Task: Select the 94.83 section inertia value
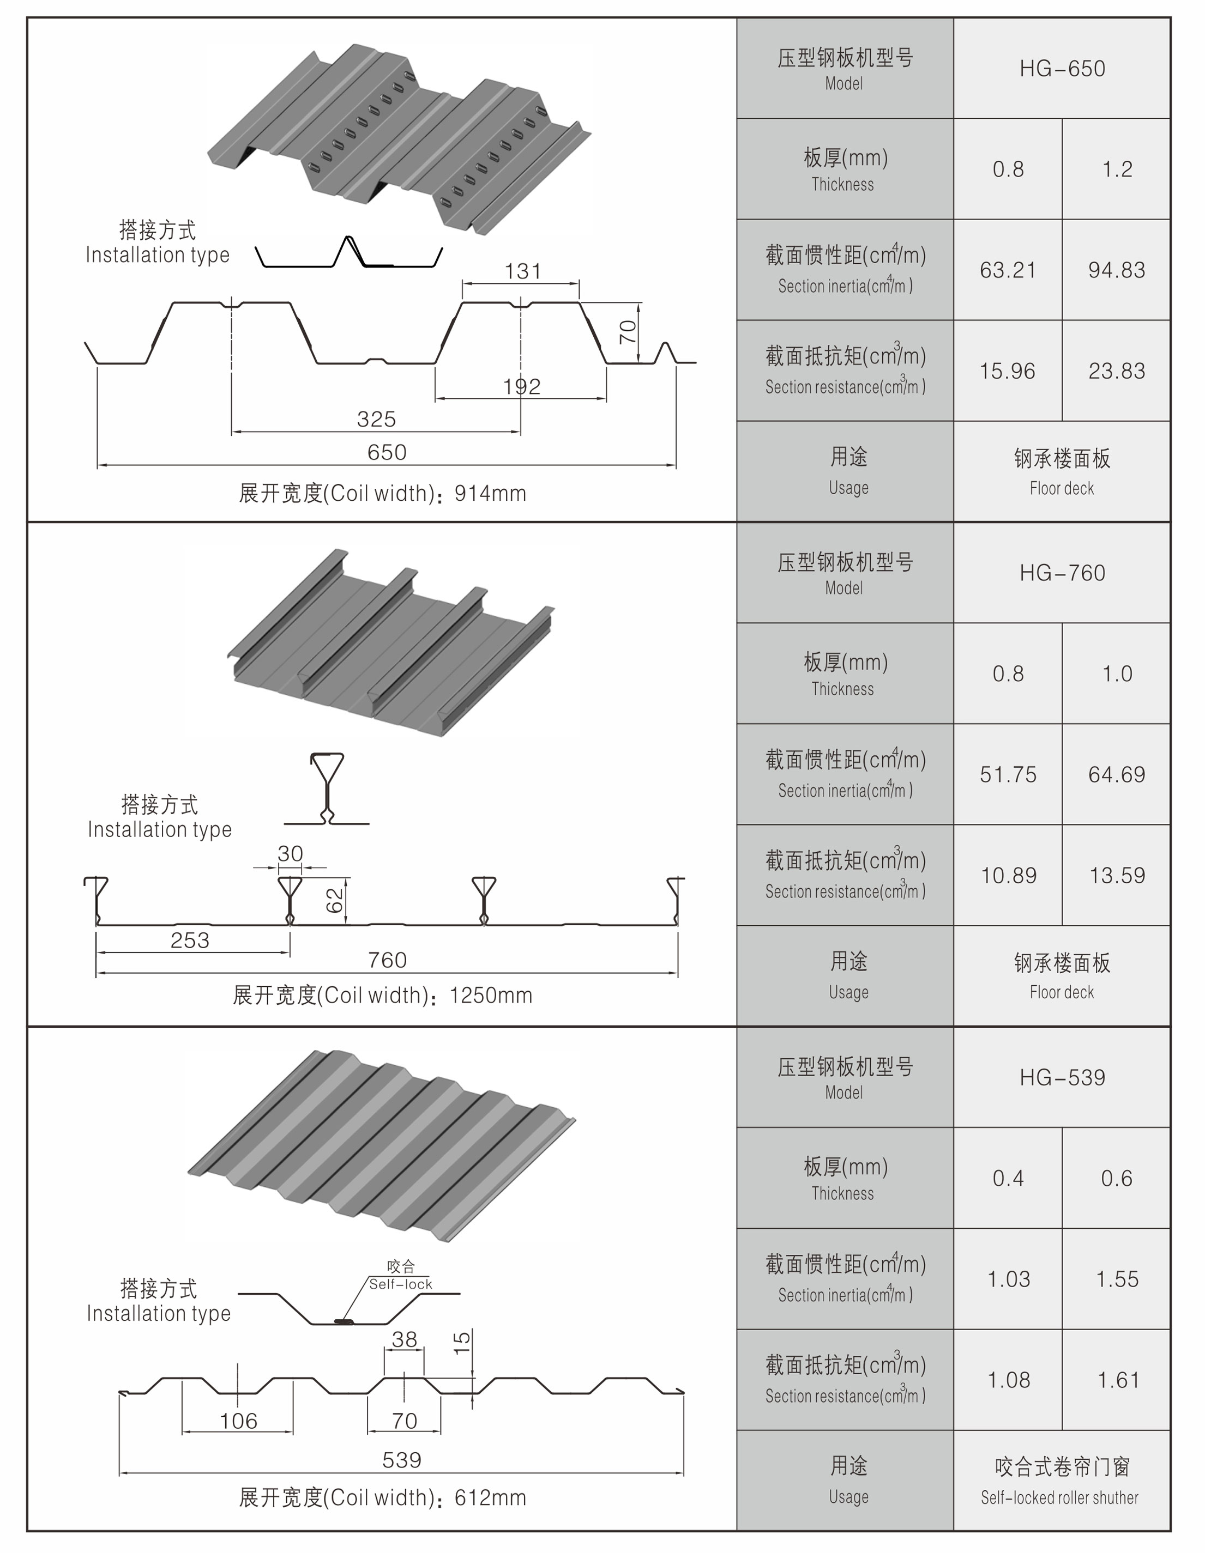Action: [1116, 270]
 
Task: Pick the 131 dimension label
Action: [523, 271]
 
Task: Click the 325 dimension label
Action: [376, 419]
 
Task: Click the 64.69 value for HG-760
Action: [1116, 774]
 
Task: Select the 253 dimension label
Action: [190, 940]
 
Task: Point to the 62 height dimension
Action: [334, 900]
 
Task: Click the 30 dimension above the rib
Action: [290, 853]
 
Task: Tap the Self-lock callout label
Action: [400, 1284]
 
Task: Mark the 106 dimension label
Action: [238, 1421]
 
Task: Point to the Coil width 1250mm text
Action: [383, 995]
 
